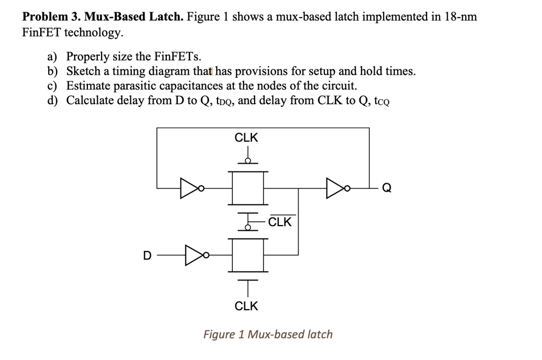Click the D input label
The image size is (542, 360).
click(147, 256)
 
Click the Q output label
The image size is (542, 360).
click(387, 188)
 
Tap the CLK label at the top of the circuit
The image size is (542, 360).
click(246, 138)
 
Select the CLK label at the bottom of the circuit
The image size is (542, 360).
click(246, 306)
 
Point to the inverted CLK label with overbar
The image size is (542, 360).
click(280, 221)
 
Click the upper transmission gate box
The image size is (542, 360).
click(248, 188)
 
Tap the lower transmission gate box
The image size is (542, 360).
click(248, 255)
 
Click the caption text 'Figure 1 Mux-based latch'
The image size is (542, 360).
click(268, 335)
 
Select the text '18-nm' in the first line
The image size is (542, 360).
click(460, 16)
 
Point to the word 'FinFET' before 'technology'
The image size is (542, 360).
click(41, 32)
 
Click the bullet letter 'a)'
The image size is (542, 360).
click(52, 56)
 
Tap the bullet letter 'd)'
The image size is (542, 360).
click(52, 100)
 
